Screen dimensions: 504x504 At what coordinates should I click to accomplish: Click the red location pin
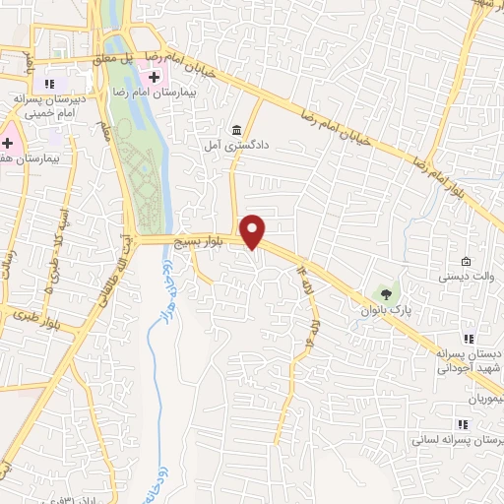pyautogui.click(x=253, y=230)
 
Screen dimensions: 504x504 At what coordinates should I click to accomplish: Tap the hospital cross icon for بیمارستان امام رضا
pyautogui.click(x=154, y=77)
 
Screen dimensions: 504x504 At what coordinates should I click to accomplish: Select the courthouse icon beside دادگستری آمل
pyautogui.click(x=236, y=130)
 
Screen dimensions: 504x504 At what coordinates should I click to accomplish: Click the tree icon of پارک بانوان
pyautogui.click(x=386, y=293)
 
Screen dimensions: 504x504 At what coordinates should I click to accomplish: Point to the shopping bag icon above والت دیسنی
pyautogui.click(x=465, y=262)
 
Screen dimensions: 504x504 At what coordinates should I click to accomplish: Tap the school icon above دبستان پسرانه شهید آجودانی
pyautogui.click(x=469, y=339)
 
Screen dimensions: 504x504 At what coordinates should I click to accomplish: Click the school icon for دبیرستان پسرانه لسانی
pyautogui.click(x=463, y=424)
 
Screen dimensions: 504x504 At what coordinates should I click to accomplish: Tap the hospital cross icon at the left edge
pyautogui.click(x=6, y=143)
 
